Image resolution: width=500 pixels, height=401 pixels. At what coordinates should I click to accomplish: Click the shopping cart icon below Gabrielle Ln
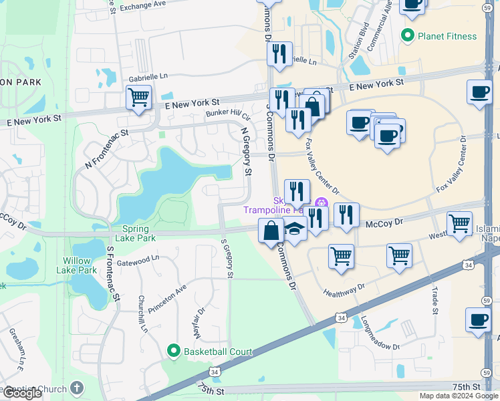pos(138,98)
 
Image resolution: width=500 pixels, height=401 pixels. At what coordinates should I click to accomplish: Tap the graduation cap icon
pos(294,230)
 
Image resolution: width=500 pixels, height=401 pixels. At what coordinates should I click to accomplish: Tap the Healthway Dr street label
pos(344,289)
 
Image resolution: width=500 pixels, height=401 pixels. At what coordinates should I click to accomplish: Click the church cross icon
pos(77,388)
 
